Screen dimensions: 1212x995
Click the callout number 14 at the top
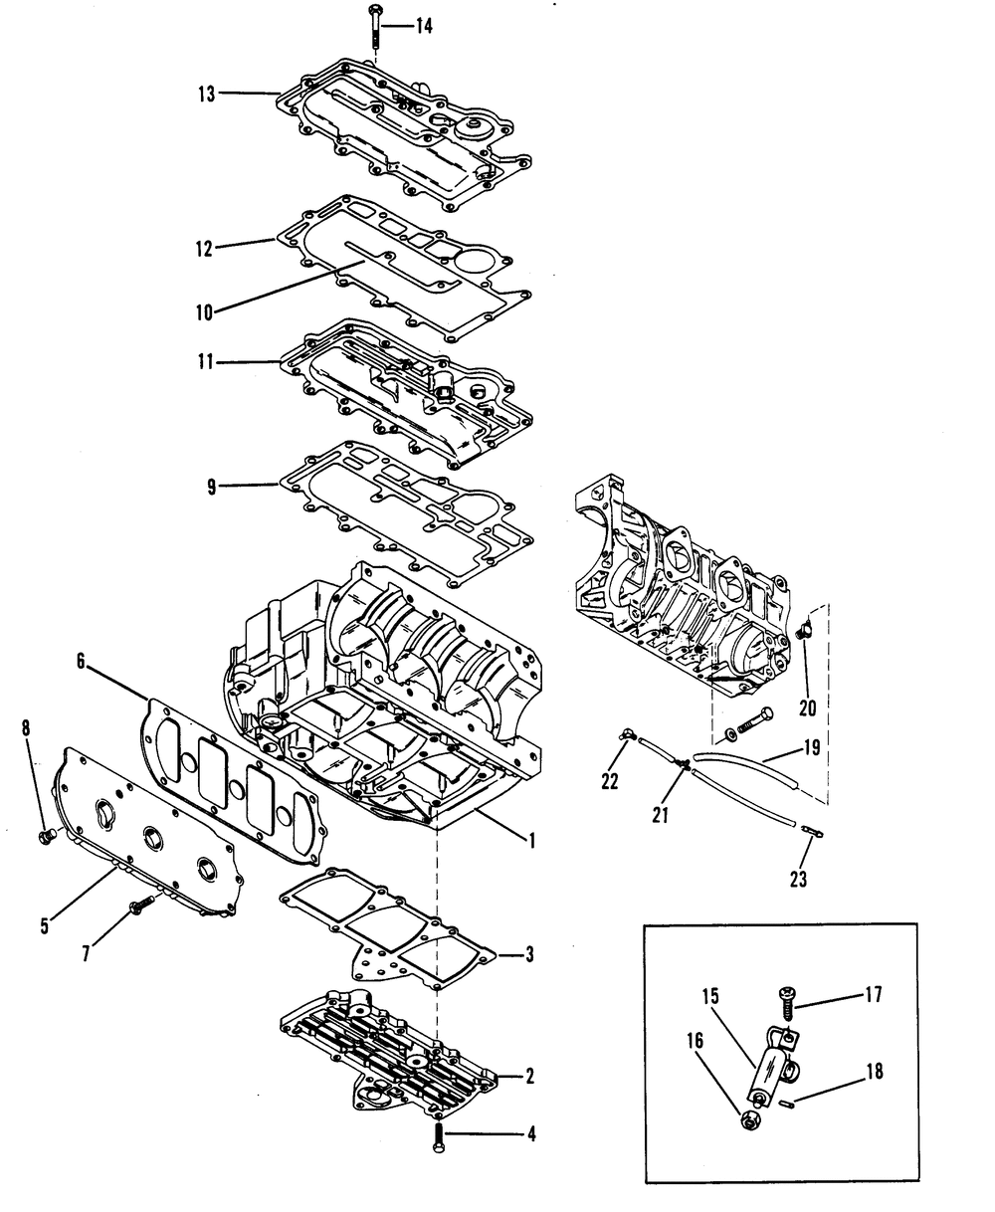424,27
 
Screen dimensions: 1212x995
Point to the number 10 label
205,311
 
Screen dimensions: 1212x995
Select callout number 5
45,924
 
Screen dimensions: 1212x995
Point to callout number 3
529,955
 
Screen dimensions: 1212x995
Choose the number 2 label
529,1076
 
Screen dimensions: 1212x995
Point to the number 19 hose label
812,747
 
